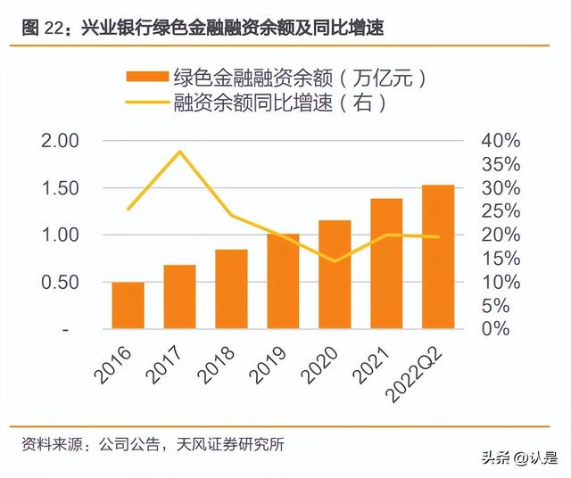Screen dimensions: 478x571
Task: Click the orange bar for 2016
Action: pos(128,305)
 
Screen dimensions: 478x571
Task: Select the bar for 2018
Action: pos(231,289)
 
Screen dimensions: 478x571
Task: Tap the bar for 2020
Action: pos(335,275)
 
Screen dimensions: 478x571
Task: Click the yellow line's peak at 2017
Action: pos(180,152)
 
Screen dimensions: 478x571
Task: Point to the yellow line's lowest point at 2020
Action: pos(335,261)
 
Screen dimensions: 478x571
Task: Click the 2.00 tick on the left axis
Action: pos(60,141)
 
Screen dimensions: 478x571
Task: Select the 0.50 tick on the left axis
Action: pos(60,282)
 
